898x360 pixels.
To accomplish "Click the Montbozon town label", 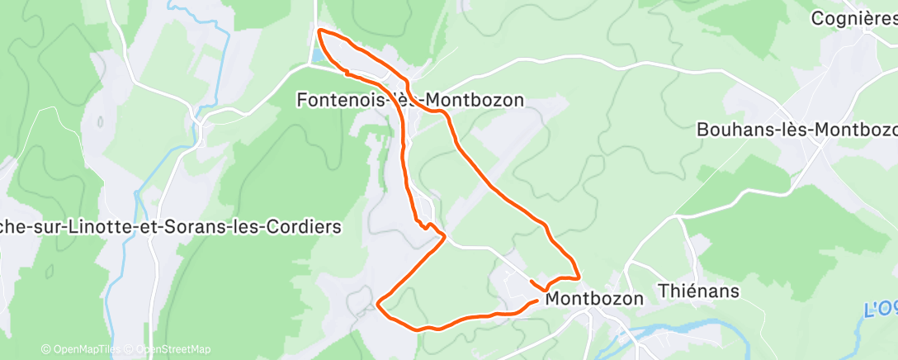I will (x=593, y=299).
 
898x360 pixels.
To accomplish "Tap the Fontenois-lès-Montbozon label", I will (x=410, y=100).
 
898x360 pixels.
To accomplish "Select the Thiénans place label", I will (x=698, y=291).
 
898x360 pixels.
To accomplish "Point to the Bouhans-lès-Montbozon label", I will (x=796, y=130).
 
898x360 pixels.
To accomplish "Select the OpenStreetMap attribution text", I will (x=173, y=349).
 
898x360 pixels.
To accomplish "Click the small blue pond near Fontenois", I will (x=317, y=57).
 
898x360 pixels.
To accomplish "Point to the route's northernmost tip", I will (x=320, y=31).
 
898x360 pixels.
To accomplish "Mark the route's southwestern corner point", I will (x=378, y=304).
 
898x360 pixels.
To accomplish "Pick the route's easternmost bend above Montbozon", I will (x=579, y=277).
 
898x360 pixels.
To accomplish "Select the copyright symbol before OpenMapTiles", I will (x=45, y=349).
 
